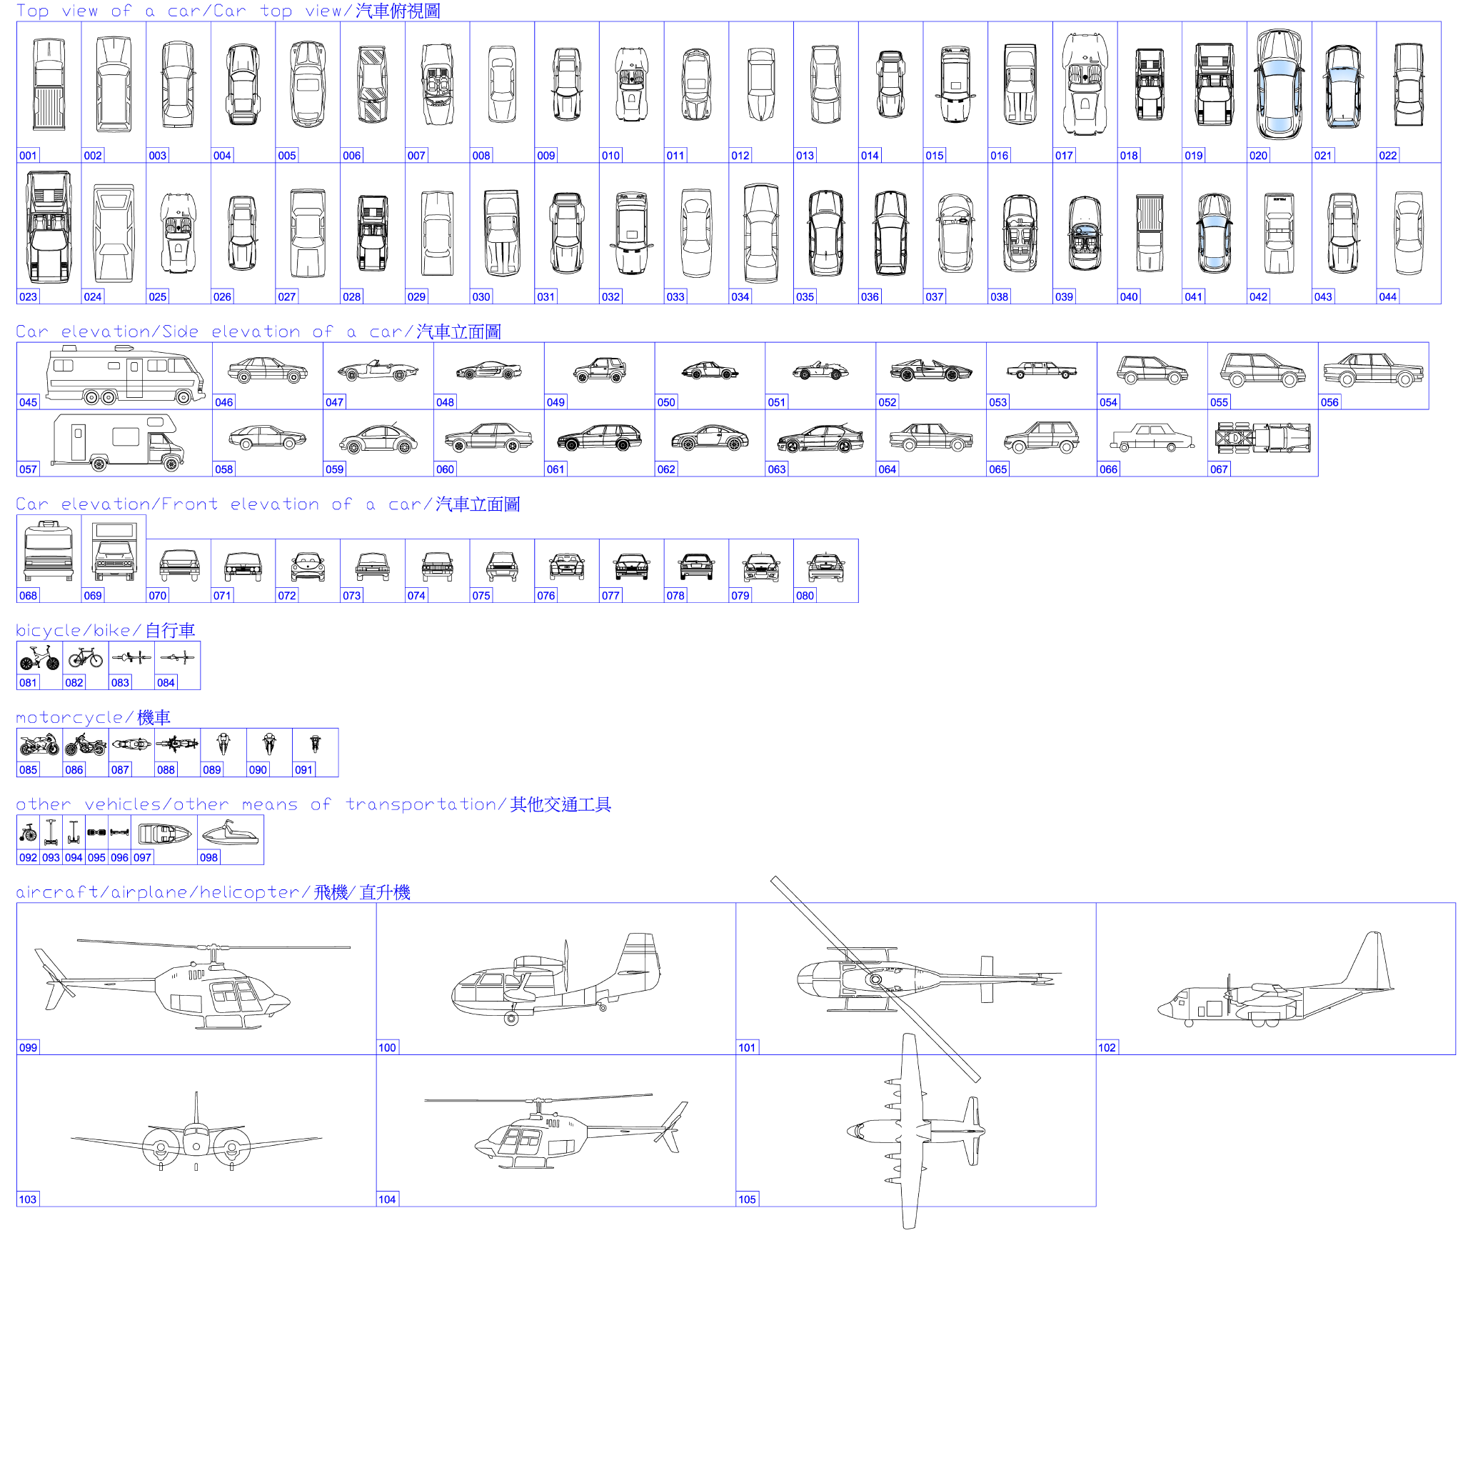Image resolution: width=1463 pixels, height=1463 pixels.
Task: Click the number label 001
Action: pos(28,155)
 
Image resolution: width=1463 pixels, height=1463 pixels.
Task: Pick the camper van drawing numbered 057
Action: pos(118,441)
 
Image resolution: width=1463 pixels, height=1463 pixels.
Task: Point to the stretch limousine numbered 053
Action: pos(1041,370)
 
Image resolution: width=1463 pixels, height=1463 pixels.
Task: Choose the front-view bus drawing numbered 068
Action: pos(49,550)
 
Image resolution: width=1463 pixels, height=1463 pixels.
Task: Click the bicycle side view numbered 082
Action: pos(85,657)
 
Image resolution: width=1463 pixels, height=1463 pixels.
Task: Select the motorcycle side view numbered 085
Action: pos(39,744)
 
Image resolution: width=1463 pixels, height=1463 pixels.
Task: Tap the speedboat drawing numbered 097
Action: pos(164,834)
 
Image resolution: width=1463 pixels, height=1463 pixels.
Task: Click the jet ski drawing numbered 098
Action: pos(230,834)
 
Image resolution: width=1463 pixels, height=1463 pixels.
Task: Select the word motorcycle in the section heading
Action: pos(70,717)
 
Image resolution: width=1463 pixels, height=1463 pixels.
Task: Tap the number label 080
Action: pos(804,596)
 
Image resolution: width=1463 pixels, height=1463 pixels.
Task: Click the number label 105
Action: pos(747,1199)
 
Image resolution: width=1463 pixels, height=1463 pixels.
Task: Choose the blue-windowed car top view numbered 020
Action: pos(1279,85)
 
